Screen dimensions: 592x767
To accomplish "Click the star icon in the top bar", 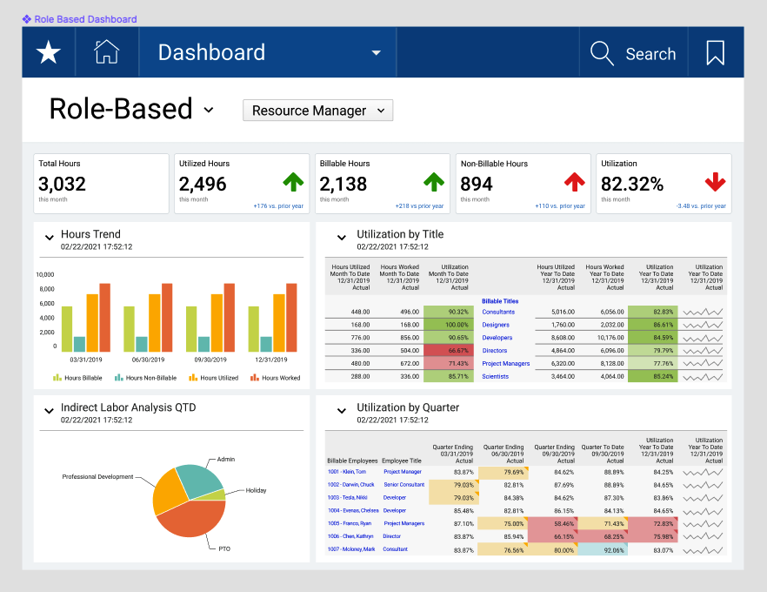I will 48,53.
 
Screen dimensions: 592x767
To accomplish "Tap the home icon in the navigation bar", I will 106,52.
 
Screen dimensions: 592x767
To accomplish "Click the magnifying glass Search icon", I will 602,53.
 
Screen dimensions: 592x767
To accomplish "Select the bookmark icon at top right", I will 715,53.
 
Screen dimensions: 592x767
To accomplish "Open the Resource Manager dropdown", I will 317,111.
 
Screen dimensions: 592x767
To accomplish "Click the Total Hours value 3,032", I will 63,184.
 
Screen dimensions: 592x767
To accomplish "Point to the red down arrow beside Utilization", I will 715,182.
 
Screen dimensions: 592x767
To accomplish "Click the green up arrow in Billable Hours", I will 433,182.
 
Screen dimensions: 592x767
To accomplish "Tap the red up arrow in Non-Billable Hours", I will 574,182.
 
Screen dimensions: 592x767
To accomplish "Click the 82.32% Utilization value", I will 632,184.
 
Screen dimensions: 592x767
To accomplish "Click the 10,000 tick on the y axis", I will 44,274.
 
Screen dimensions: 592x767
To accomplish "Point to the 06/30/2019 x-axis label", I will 148,360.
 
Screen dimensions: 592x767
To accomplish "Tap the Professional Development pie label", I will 97,476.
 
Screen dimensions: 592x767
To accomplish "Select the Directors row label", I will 496,351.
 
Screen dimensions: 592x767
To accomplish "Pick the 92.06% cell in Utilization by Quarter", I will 604,549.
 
